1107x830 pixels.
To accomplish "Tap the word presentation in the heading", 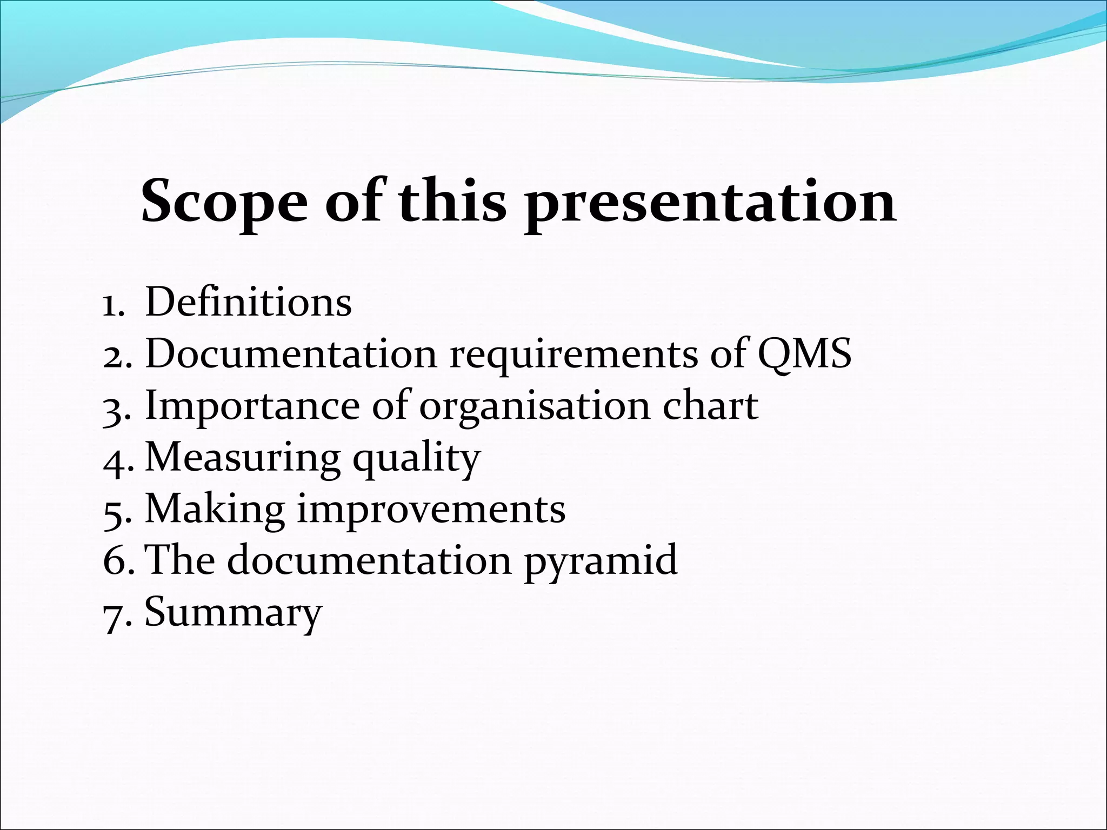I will [x=710, y=202].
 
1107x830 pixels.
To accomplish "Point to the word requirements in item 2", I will [x=573, y=354].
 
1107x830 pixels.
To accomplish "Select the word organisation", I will [x=535, y=406].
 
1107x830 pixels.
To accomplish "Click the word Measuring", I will [x=243, y=458].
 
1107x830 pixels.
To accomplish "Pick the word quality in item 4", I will [x=417, y=459].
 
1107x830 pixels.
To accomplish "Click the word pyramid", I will [x=600, y=561].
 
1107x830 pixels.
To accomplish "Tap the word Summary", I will [x=234, y=613].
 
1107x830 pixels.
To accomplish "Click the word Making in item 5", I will [x=215, y=510].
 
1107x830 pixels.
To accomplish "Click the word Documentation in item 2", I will [x=291, y=353].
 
